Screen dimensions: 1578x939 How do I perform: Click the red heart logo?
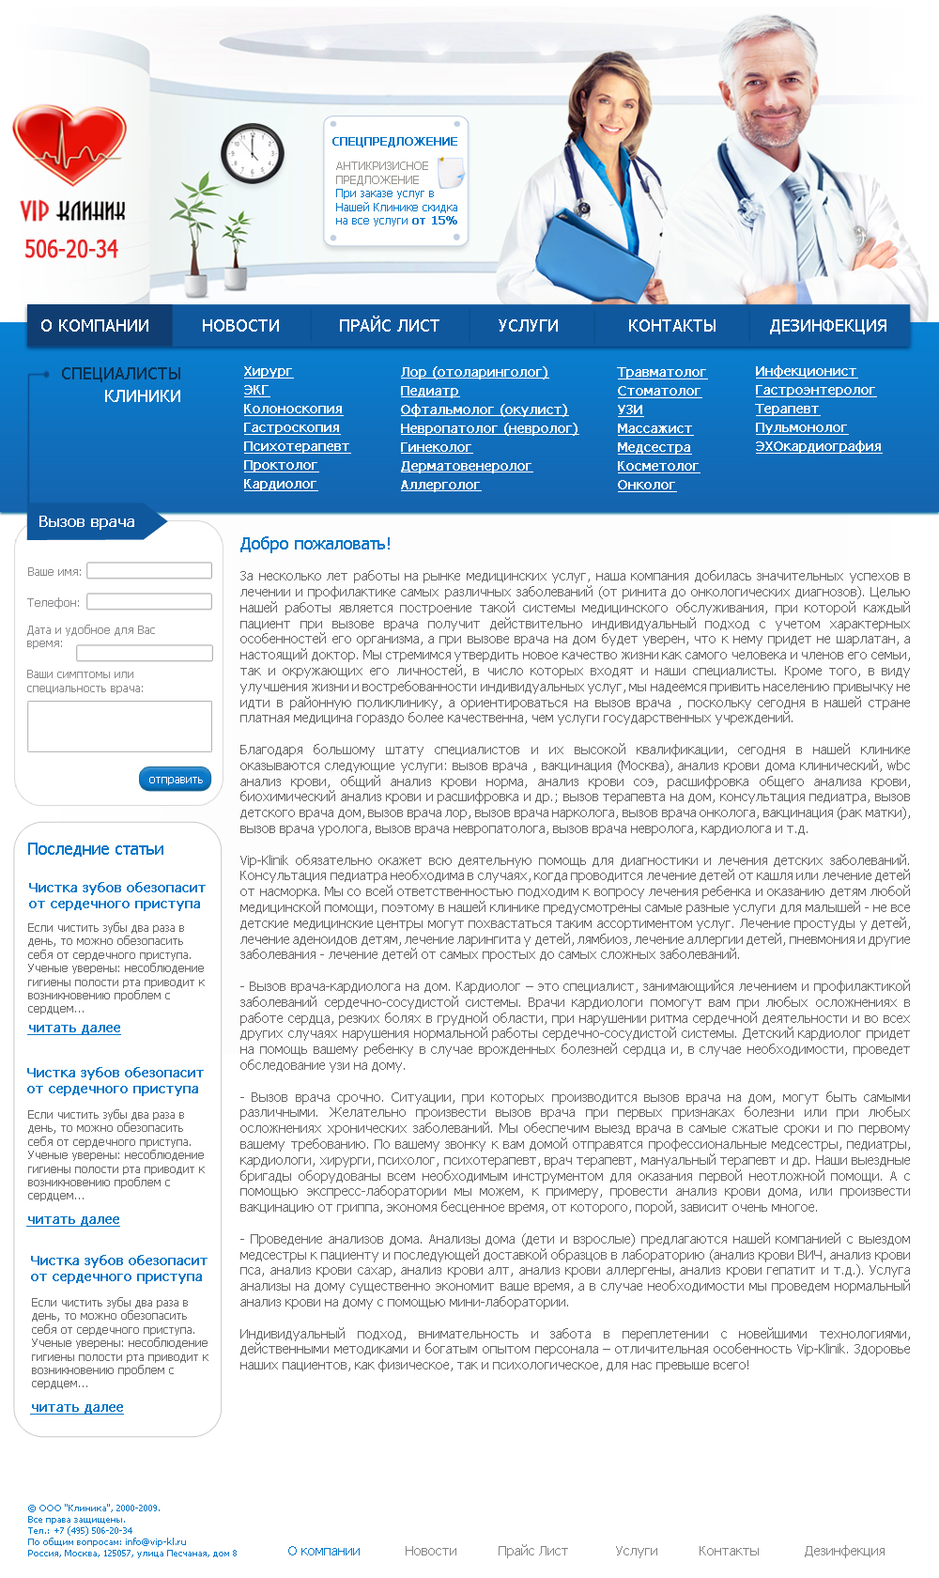(x=69, y=146)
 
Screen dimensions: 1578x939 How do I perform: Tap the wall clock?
(x=252, y=153)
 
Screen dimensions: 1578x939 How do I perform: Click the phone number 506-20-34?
(x=71, y=249)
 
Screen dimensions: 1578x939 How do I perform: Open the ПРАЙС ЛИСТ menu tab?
(x=389, y=326)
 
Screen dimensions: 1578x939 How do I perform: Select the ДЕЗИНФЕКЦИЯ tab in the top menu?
(x=827, y=326)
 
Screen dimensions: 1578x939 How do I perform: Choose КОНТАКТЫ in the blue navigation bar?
(x=671, y=326)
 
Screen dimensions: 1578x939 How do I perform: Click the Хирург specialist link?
(x=268, y=372)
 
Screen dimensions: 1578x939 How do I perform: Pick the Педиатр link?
(x=429, y=391)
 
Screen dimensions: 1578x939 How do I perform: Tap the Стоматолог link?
(x=658, y=391)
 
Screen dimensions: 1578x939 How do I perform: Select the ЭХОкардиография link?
(x=818, y=446)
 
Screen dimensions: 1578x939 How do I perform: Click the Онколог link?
(x=646, y=485)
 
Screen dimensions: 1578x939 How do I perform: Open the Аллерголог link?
(x=439, y=485)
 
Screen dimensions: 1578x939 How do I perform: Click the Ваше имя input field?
(x=149, y=570)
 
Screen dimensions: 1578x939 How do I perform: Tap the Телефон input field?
(x=149, y=601)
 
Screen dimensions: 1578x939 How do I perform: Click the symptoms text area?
(x=119, y=725)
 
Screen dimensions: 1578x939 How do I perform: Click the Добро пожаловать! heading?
(x=316, y=544)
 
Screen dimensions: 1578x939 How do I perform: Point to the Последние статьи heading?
(x=96, y=849)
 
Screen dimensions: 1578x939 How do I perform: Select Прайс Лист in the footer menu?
(x=532, y=1551)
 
